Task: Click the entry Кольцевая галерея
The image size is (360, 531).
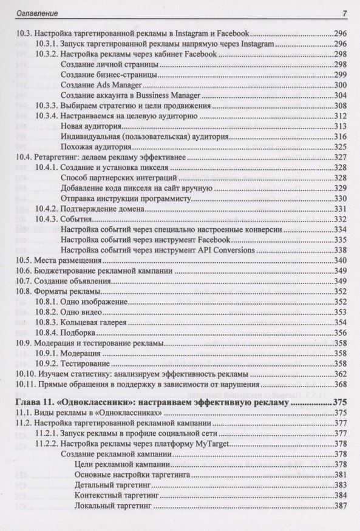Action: [97, 322]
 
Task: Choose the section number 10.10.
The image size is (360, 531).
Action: [25, 374]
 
